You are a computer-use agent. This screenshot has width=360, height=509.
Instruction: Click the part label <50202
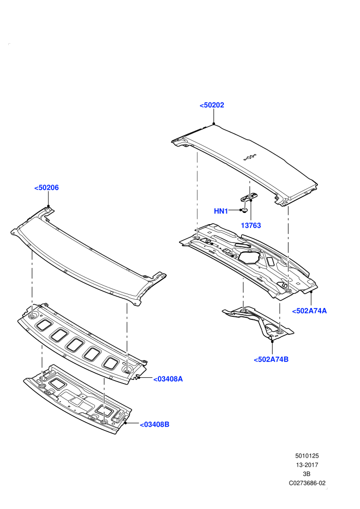[x=212, y=105]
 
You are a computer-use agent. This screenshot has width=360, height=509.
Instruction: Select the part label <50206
[x=46, y=188]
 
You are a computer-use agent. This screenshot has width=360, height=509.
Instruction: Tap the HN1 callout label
[x=221, y=211]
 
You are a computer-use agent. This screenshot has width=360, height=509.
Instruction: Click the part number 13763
[x=250, y=225]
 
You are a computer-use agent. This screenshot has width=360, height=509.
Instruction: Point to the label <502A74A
[x=310, y=311]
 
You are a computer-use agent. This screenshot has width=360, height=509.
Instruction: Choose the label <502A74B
[x=271, y=359]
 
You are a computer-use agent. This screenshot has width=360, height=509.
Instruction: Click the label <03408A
[x=168, y=379]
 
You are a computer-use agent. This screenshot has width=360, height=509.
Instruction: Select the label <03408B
[x=154, y=424]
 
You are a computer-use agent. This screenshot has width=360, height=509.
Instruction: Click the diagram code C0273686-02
[x=307, y=483]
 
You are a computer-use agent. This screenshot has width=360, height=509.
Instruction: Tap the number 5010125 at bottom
[x=307, y=456]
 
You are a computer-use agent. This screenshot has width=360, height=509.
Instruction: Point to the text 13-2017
[x=307, y=465]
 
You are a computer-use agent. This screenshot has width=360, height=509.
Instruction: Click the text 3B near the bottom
[x=307, y=474]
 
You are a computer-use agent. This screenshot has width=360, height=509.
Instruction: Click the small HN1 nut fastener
[x=245, y=210]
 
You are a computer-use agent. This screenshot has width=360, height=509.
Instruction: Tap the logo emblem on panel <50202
[x=250, y=158]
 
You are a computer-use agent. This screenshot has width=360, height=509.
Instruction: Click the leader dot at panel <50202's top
[x=214, y=124]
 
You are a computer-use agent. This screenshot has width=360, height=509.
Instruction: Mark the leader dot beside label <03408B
[x=125, y=423]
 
